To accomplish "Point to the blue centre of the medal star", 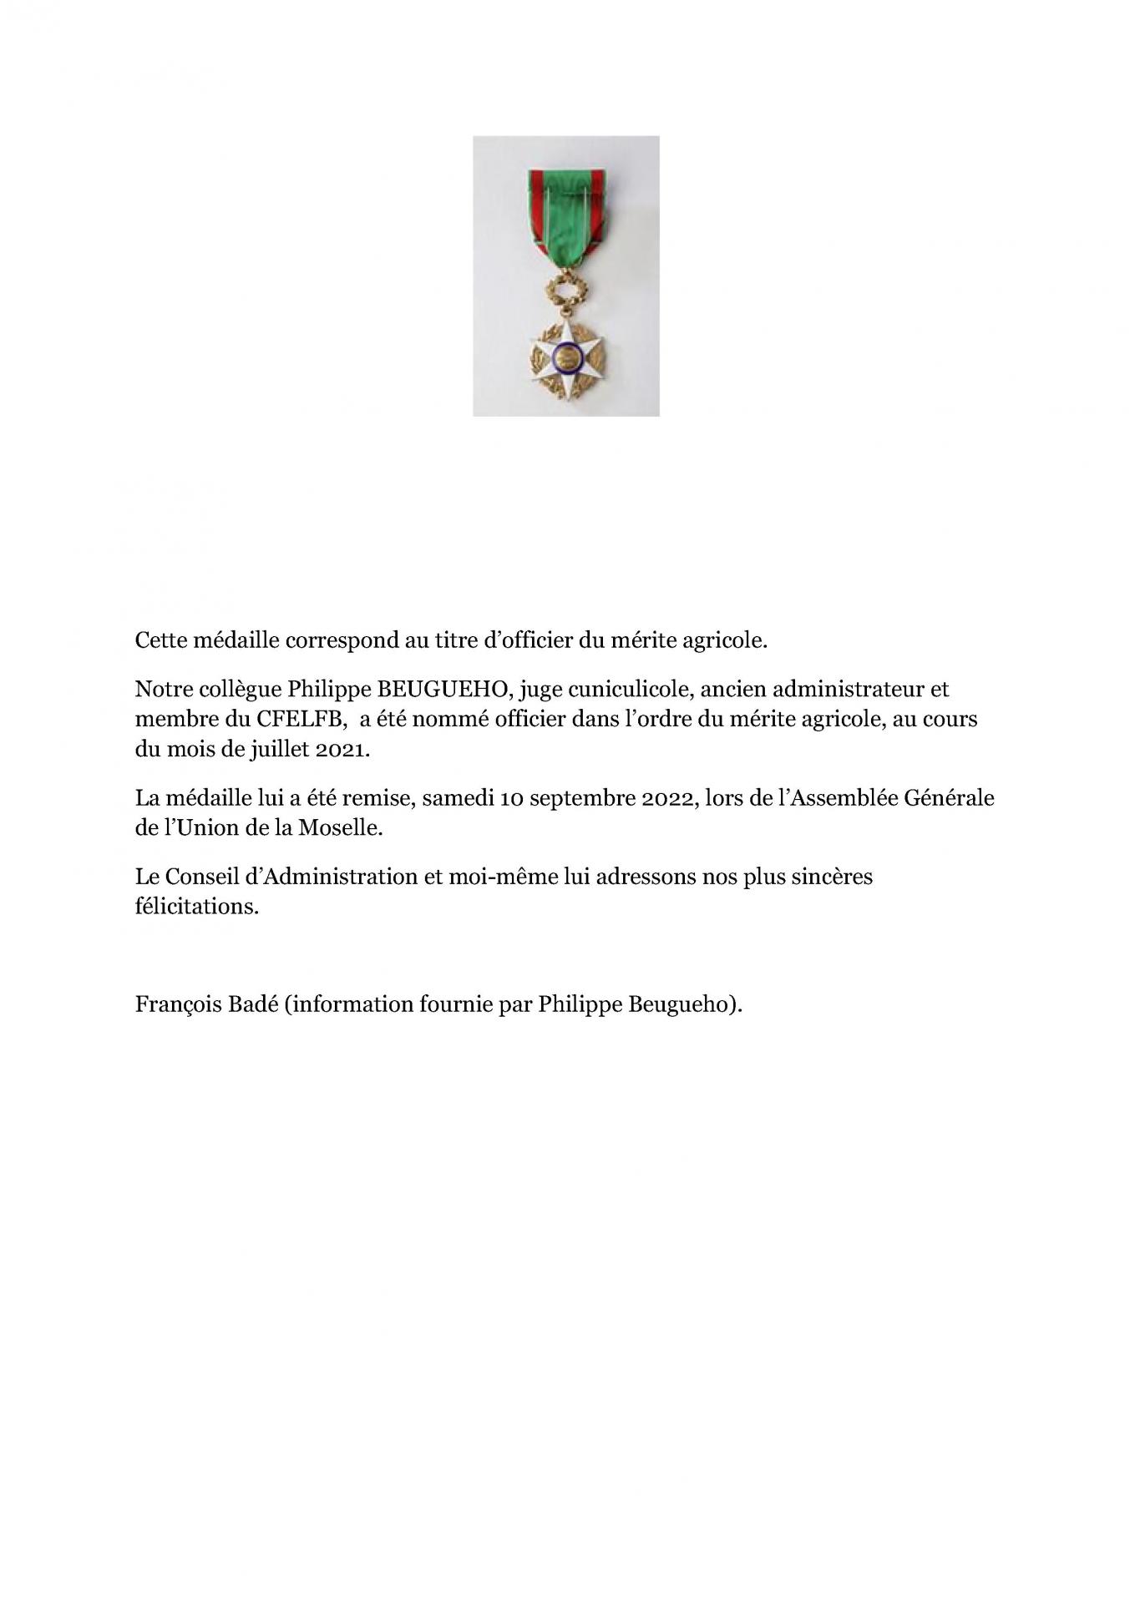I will tap(565, 358).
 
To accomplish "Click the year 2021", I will tap(342, 749).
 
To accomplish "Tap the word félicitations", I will tap(196, 907).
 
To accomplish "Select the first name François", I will tap(175, 1004).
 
